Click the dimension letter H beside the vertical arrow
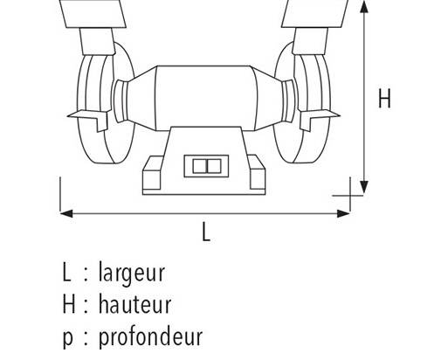pos(384,98)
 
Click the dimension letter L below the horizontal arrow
pos(206,232)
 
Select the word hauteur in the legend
pos(134,304)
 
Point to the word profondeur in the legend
pos(150,336)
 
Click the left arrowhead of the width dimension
pos(66,213)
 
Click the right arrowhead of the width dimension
pos(343,213)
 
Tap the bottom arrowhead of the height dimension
pos(364,187)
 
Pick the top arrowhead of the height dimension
pos(364,7)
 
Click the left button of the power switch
pos(200,166)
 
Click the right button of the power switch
pos(214,166)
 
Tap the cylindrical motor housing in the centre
pos(206,99)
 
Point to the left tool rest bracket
pos(89,119)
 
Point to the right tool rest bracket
pos(319,119)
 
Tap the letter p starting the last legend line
pos(67,338)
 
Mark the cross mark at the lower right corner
pos(350,196)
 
